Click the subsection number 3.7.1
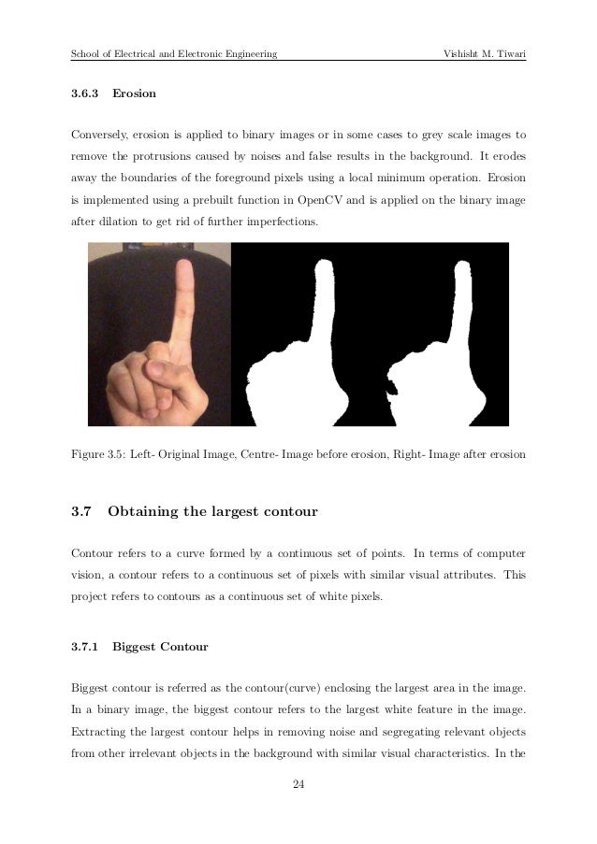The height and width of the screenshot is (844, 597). [86, 645]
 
